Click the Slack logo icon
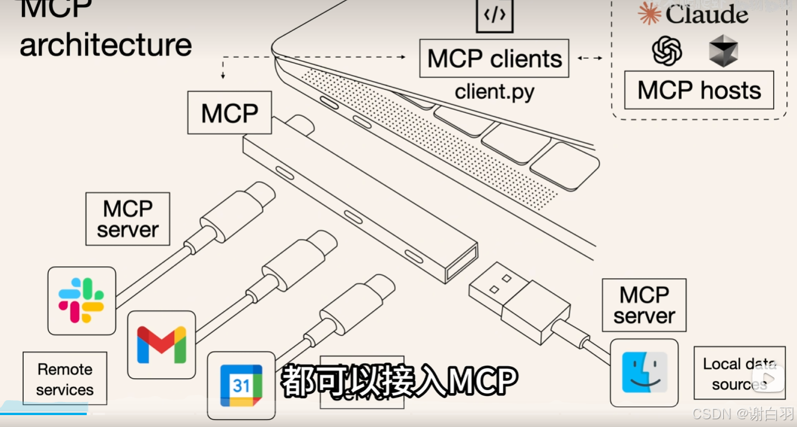point(82,300)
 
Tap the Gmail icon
point(161,345)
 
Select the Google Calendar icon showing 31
point(241,385)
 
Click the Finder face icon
point(644,373)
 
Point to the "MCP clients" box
point(494,58)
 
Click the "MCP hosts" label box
point(699,90)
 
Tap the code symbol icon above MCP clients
point(494,15)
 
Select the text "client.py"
point(494,92)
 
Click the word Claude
point(707,15)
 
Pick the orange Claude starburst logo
point(649,13)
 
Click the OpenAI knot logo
point(667,51)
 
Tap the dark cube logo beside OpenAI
point(723,51)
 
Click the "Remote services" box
point(65,379)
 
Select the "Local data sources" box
point(739,373)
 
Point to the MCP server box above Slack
point(128,219)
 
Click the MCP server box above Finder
point(644,305)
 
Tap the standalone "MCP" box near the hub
point(230,113)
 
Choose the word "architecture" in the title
point(106,45)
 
